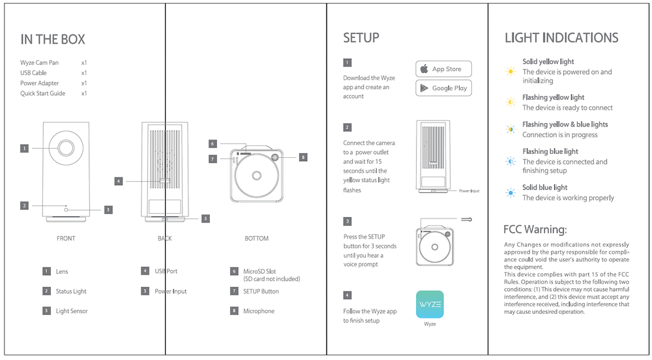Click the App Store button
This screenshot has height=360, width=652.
click(443, 69)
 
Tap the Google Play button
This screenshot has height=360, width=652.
click(443, 88)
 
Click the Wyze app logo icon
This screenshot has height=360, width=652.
click(430, 304)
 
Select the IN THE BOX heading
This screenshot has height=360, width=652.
click(53, 40)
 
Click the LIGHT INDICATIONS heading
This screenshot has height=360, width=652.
click(561, 38)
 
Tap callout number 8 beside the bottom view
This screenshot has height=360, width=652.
click(303, 157)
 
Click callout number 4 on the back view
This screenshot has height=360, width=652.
click(118, 181)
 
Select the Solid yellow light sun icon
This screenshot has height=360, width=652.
click(511, 71)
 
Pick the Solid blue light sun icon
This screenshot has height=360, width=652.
click(511, 192)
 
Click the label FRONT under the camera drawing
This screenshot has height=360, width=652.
click(66, 239)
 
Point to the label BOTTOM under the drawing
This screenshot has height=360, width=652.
click(256, 239)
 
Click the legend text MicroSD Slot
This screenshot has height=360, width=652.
click(259, 271)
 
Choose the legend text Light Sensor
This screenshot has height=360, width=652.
click(72, 311)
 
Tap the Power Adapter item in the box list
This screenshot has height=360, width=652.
click(40, 83)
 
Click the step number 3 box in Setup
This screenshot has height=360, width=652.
click(348, 221)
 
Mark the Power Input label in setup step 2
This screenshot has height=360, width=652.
click(469, 191)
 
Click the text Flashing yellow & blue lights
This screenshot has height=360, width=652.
click(565, 124)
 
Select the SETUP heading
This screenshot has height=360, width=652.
click(361, 38)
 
